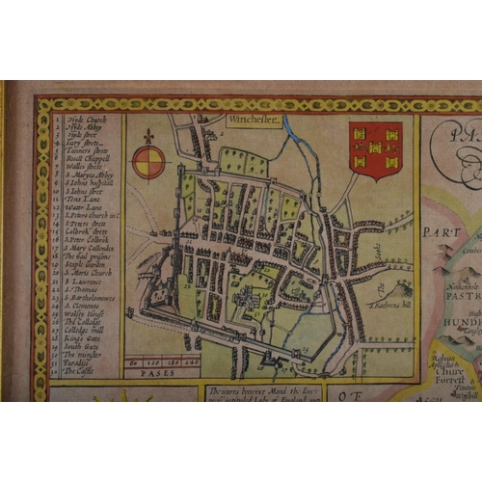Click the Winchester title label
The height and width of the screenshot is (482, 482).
click(x=253, y=122)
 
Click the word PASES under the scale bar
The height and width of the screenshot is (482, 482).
click(x=156, y=371)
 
